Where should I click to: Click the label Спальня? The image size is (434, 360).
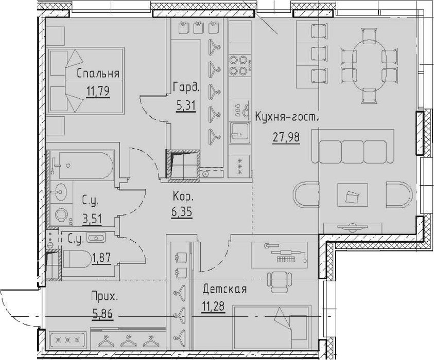coord(98,74)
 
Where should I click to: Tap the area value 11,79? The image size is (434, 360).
coord(98,91)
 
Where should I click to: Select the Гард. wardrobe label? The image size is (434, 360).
coord(186,87)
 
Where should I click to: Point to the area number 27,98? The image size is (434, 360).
coord(286,137)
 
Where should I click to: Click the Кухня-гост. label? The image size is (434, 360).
coord(287,117)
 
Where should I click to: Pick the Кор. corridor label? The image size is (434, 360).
coord(183,197)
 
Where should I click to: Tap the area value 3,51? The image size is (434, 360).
coord(92,219)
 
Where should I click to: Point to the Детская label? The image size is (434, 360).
coord(224,290)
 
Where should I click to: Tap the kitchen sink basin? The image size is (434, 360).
coord(240,133)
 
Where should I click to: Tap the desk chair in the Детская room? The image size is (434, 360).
coord(280,282)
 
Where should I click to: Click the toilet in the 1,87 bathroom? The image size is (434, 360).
coord(77,259)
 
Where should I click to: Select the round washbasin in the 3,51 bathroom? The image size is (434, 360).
coord(59,191)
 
